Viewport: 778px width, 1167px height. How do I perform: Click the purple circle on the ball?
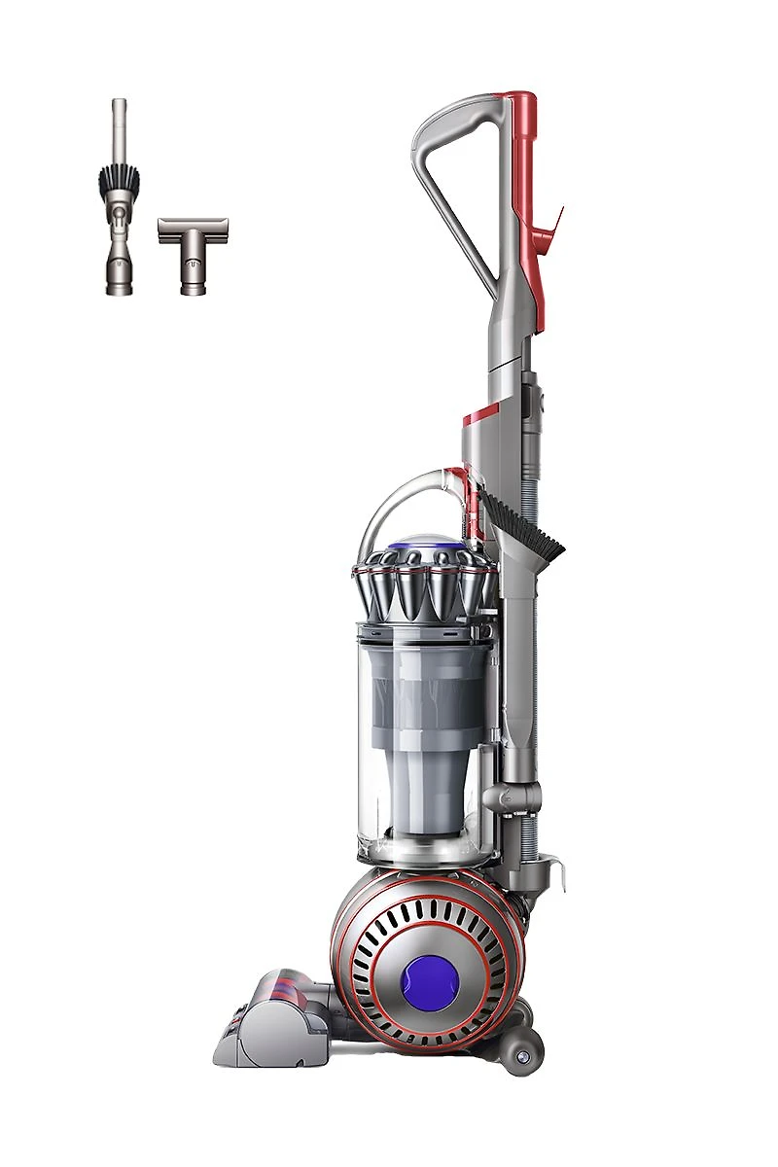point(429,972)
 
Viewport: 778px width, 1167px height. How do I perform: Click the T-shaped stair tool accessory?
point(193,242)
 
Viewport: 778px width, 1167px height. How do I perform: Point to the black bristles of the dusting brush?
point(119,180)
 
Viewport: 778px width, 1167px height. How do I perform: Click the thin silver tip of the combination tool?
point(119,126)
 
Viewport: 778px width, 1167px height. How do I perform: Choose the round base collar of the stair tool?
point(193,282)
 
